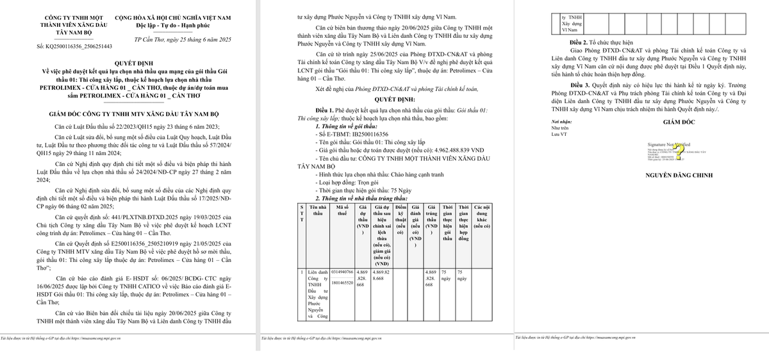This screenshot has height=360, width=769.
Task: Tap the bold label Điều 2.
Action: tap(583, 42)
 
